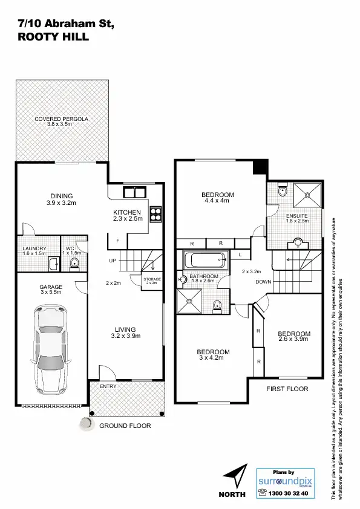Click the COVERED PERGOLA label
[x=61, y=119]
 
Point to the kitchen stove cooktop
[x=155, y=213]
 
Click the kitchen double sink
[x=134, y=192]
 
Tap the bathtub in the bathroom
[x=205, y=262]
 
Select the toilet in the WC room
[x=74, y=263]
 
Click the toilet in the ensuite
[x=282, y=192]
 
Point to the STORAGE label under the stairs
[x=152, y=279]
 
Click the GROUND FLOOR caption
[x=126, y=426]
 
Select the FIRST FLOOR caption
[x=287, y=389]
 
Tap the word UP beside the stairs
[x=113, y=261]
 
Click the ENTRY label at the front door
[x=108, y=386]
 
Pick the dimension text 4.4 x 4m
[x=217, y=201]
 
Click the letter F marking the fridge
[x=117, y=241]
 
